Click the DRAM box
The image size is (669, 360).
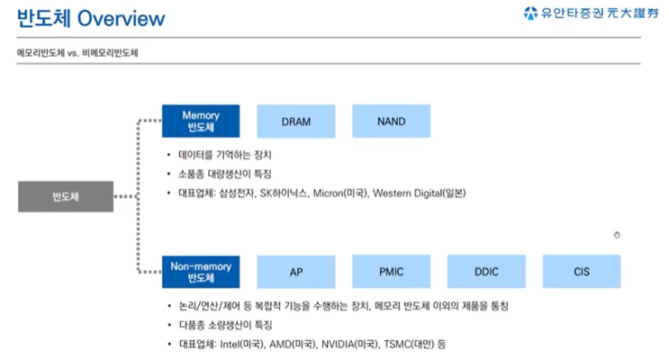[x=296, y=121]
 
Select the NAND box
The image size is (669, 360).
[x=392, y=121]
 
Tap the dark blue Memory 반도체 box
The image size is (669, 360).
[x=201, y=121]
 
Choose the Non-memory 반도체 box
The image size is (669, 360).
[x=201, y=272]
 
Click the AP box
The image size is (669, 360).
[x=296, y=272]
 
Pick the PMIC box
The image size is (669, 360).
[x=392, y=272]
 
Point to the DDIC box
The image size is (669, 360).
[x=486, y=272]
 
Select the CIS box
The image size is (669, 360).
[x=582, y=272]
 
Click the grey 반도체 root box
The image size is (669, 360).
[x=66, y=196]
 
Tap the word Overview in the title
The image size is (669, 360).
[x=122, y=19]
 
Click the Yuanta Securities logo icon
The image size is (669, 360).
[x=530, y=13]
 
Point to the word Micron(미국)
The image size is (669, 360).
[x=341, y=193]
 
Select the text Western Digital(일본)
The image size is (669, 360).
[x=420, y=193]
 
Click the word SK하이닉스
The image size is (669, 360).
[x=285, y=193]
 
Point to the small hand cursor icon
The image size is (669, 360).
[x=617, y=235]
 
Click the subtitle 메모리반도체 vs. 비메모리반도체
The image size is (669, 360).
[x=77, y=53]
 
